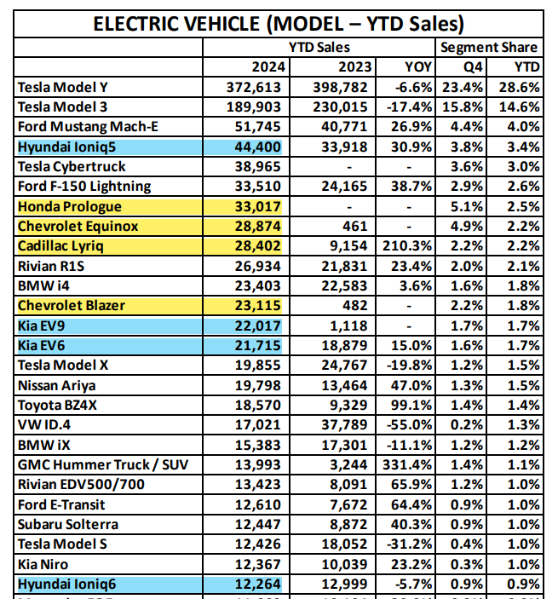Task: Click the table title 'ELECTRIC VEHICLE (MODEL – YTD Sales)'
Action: (x=278, y=23)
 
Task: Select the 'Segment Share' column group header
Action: (x=489, y=48)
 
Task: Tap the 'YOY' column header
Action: (x=418, y=67)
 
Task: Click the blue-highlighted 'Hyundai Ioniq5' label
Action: (x=67, y=147)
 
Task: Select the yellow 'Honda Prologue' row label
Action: (x=71, y=206)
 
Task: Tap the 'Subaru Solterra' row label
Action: (x=68, y=524)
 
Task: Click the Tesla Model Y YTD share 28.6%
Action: (x=521, y=87)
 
